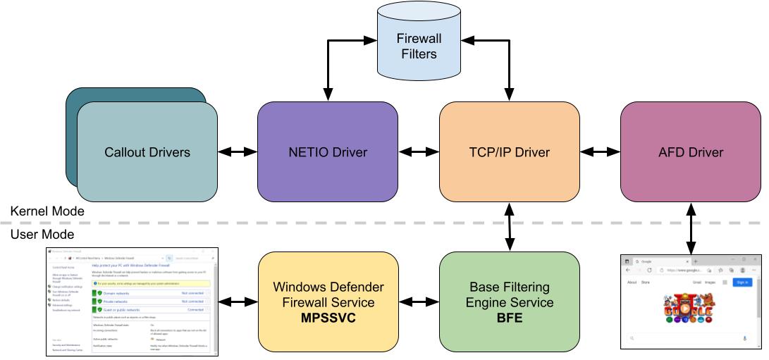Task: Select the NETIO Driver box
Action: (327, 151)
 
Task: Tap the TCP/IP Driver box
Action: (510, 151)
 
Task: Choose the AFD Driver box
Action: (691, 151)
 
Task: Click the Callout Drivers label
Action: (147, 152)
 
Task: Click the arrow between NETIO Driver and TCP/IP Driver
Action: (418, 151)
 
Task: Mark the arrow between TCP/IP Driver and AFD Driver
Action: (600, 151)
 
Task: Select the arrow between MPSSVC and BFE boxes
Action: (418, 301)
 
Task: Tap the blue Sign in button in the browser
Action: (742, 282)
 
